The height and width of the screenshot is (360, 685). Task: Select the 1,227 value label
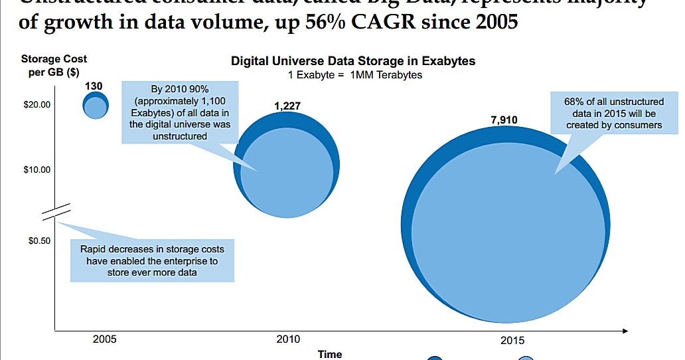pos(287,106)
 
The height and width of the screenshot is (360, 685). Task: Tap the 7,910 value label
pos(504,120)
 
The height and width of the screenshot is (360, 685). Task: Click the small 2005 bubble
pos(96,105)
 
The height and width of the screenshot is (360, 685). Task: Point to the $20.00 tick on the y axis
pos(37,105)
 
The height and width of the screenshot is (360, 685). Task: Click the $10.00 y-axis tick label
pos(37,170)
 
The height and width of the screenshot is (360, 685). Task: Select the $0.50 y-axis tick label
pos(39,240)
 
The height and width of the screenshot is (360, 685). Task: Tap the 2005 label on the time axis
pos(105,339)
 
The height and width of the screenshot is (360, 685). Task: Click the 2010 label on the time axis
pos(287,339)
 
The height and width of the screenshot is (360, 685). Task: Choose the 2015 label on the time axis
pos(512,340)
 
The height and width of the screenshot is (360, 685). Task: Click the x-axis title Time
pos(330,354)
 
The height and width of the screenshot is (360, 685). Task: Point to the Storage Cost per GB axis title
pos(58,65)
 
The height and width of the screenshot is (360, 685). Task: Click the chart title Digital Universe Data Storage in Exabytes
pos(353,61)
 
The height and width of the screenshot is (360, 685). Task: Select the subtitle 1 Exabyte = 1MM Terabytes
pos(355,75)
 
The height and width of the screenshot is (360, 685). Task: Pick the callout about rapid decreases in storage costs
pos(152,261)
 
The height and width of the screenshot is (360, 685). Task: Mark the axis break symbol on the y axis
pos(55,211)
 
